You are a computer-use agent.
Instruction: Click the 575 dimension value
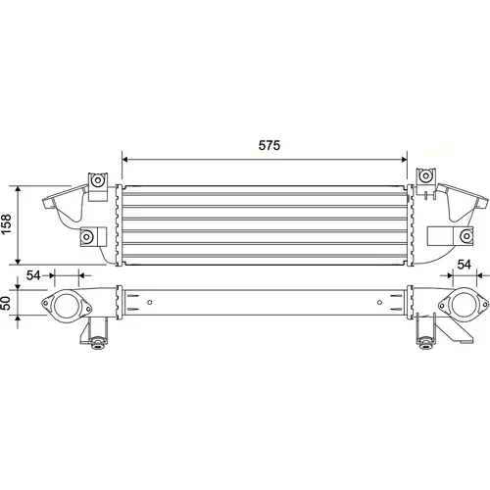(x=269, y=145)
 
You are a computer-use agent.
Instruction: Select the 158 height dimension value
(x=7, y=224)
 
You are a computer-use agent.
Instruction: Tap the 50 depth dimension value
(x=6, y=303)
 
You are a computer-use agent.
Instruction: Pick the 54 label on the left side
(x=33, y=275)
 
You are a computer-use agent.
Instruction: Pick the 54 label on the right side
(x=464, y=265)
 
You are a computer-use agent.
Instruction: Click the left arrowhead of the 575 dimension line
(x=124, y=160)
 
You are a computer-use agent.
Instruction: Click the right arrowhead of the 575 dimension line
(x=404, y=160)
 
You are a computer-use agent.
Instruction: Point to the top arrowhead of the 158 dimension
(x=18, y=189)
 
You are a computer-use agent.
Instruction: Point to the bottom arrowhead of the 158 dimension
(x=18, y=261)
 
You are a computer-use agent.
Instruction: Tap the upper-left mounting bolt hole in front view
(x=97, y=180)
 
